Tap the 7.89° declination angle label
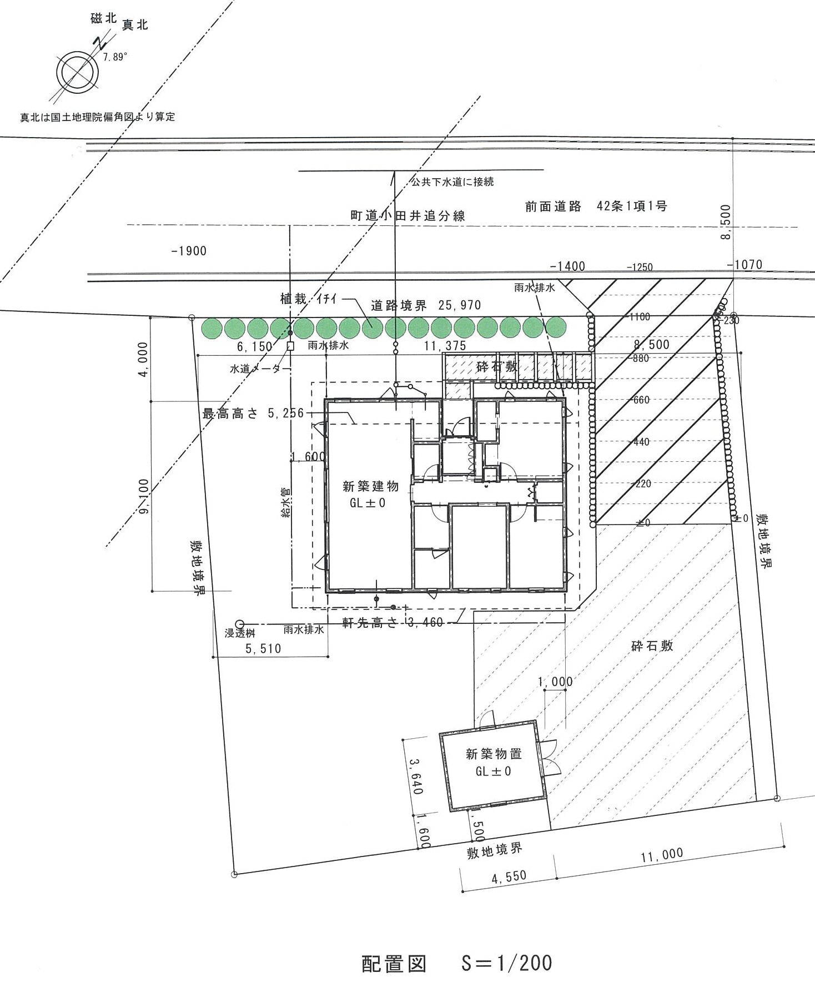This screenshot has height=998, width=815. pos(115,57)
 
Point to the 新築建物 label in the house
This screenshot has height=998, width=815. pos(370,487)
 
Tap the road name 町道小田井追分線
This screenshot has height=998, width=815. pos(407,215)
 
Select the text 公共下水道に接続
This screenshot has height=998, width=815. pos(452,182)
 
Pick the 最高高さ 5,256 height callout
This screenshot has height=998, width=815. pos(253,413)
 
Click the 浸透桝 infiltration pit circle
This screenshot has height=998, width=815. pos(240,624)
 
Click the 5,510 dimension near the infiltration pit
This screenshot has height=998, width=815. pos(263,648)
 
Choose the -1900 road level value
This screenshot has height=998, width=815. pos(189,251)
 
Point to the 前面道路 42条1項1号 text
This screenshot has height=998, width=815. pos(596,206)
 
